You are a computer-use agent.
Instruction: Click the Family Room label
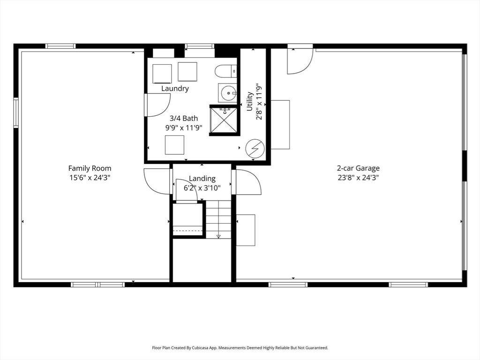[x=90, y=168]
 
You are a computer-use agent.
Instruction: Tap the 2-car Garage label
[x=358, y=168]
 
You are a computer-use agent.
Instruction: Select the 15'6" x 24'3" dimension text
[x=90, y=178]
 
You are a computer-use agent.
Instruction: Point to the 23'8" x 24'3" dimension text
[x=358, y=178]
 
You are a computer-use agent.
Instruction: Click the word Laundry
[x=175, y=89]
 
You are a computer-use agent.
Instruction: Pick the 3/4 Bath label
[x=180, y=118]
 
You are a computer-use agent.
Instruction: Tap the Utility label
[x=250, y=101]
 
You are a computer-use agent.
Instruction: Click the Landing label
[x=202, y=179]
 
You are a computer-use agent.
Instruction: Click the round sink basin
[x=228, y=93]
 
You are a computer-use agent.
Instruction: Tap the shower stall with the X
[x=224, y=120]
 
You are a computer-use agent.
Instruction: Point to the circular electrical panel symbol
[x=255, y=149]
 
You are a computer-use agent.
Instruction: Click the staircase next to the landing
[x=218, y=219]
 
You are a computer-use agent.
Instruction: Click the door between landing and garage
[x=247, y=182]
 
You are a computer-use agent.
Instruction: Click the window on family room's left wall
[x=16, y=112]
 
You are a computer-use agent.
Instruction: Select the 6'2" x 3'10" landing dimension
[x=202, y=188]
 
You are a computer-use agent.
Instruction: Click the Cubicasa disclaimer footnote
[x=240, y=348]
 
